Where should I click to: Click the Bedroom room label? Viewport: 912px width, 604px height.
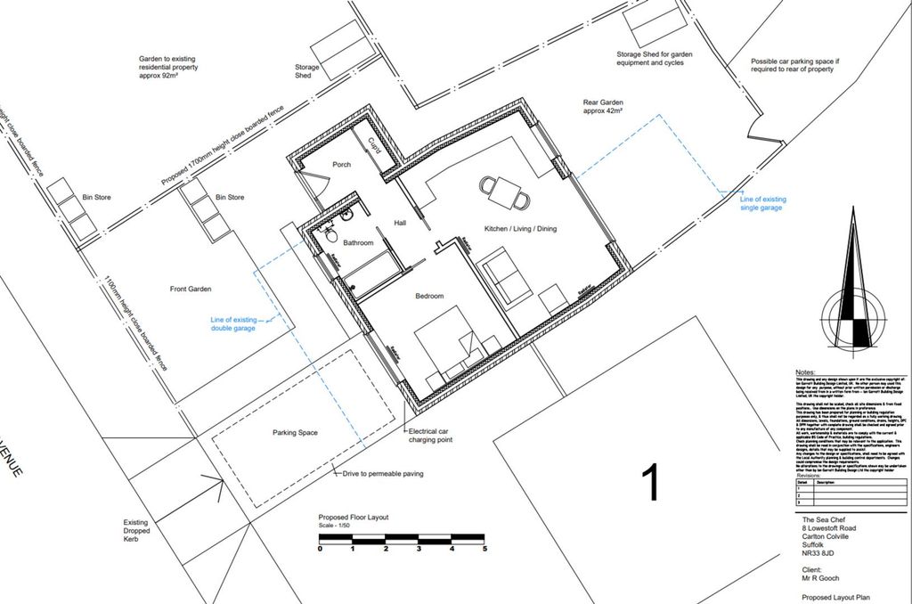point(429,296)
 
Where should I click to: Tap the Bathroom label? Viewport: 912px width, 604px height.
point(358,242)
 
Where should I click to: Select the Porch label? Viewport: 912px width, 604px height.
point(342,165)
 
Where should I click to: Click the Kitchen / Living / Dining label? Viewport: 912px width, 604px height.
point(520,229)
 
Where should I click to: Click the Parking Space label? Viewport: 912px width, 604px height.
point(295,434)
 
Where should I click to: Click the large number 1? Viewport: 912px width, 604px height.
point(651,482)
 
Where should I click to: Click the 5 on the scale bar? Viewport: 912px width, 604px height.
point(485,549)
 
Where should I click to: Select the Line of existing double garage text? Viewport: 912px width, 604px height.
point(232,323)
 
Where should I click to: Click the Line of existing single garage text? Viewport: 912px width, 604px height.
point(761,203)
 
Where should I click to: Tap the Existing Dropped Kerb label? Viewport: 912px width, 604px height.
point(138,531)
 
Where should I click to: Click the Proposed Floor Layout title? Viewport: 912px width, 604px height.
point(354,518)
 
